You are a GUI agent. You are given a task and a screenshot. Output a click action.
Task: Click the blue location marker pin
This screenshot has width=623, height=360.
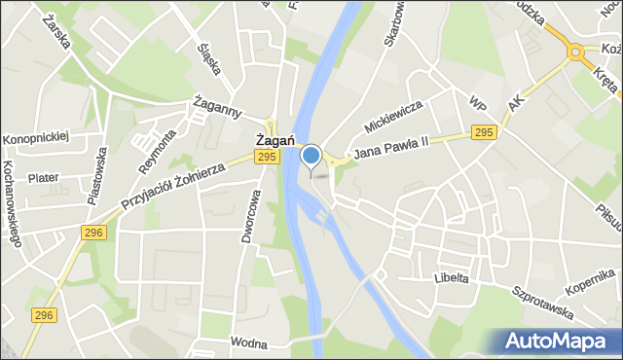pyautogui.click(x=311, y=156)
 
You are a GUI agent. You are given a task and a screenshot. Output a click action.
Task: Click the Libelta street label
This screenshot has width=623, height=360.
pyautogui.click(x=452, y=277)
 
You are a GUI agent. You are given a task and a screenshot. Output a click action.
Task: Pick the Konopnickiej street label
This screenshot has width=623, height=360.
pyautogui.click(x=36, y=137)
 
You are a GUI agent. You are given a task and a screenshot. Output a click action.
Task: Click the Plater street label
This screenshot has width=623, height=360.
pyautogui.click(x=44, y=178)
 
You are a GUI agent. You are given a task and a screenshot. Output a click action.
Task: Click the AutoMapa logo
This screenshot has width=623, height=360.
pyautogui.click(x=562, y=342)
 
